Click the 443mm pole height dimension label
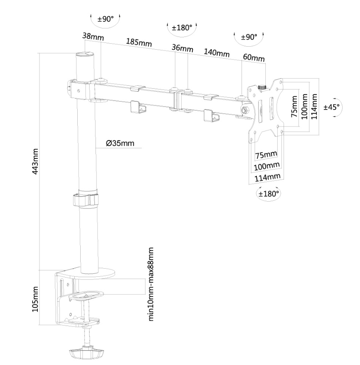[37, 161]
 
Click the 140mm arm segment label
[217, 53]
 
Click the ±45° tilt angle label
[332, 107]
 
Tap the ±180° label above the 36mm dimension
[182, 27]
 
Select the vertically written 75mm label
[294, 106]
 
